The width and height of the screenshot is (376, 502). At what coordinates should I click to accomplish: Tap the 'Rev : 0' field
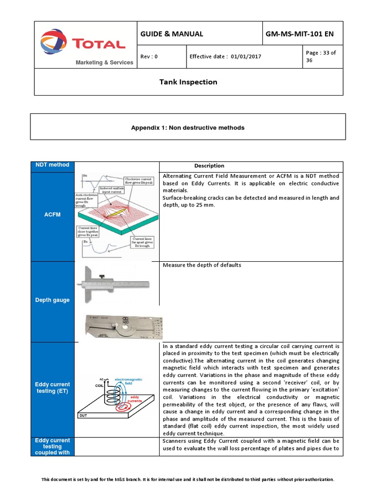click(149, 56)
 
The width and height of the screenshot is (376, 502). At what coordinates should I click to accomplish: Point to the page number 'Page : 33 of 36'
click(321, 56)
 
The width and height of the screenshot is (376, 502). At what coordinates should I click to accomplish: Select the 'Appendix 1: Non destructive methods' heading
click(188, 127)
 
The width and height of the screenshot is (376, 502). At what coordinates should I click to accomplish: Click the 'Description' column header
click(209, 166)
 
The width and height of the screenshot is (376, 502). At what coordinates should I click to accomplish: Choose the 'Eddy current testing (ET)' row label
click(52, 388)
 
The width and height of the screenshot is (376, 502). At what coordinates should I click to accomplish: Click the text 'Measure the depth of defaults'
click(202, 265)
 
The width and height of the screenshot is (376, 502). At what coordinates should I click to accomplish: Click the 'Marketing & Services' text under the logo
click(104, 62)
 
